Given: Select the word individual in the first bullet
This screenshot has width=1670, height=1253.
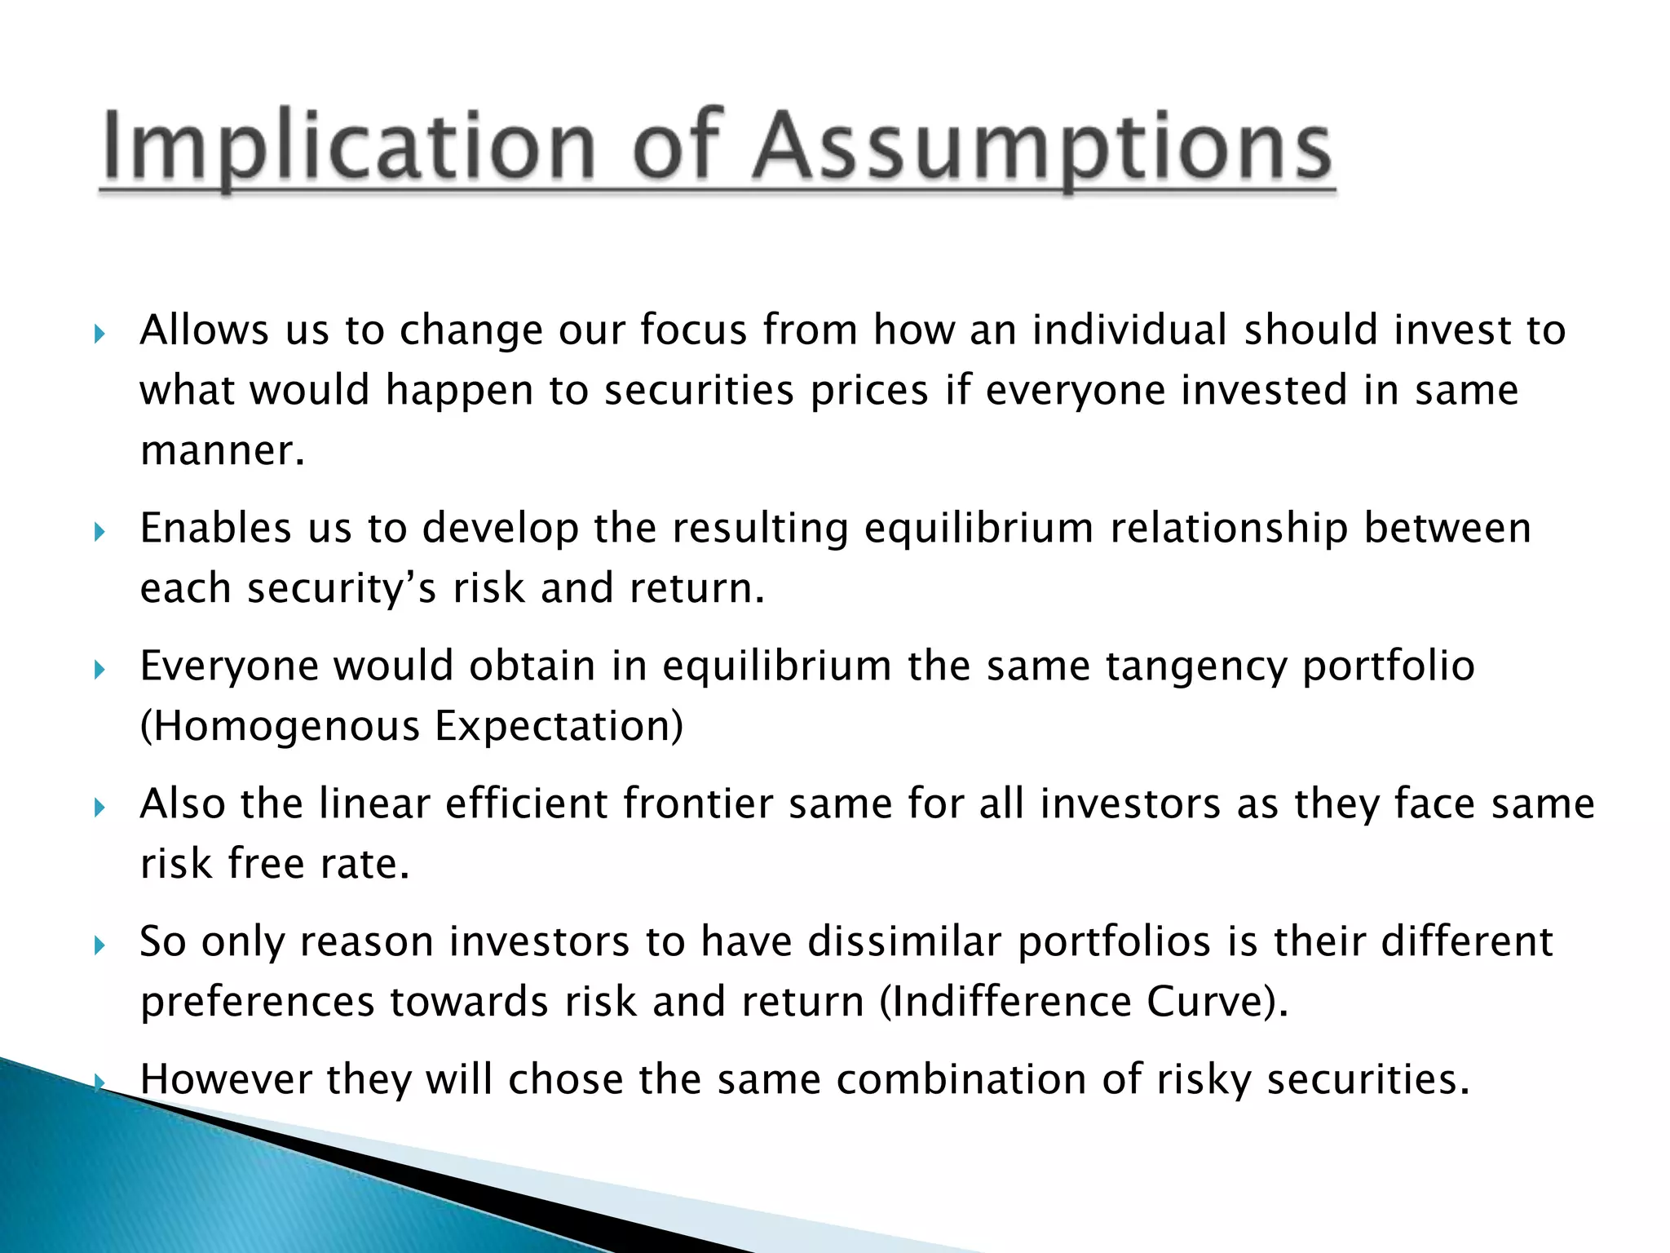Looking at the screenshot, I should [x=1129, y=330].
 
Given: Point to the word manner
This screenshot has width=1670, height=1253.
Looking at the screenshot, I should [x=222, y=451].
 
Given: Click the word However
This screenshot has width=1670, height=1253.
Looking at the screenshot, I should [x=226, y=1079].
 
